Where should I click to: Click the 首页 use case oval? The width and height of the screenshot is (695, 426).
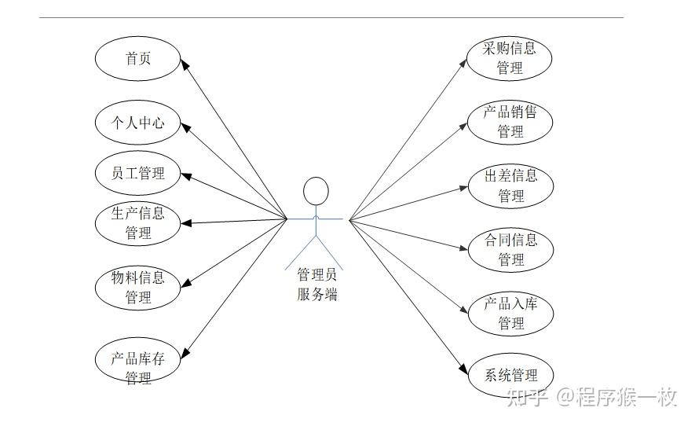tap(138, 59)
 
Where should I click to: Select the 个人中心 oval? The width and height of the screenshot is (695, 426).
tap(138, 122)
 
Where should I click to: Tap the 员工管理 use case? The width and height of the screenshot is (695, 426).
tap(138, 174)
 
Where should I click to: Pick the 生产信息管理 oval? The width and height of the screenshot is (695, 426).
tap(138, 223)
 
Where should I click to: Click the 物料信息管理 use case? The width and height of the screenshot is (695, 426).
tap(138, 287)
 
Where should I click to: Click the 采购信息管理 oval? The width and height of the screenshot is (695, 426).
tap(510, 58)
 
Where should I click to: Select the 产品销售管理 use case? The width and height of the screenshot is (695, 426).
tap(510, 122)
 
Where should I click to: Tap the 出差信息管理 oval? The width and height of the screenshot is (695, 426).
tap(510, 185)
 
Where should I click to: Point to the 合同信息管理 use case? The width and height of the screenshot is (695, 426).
tap(510, 249)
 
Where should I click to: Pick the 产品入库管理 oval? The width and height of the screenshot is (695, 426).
tap(510, 313)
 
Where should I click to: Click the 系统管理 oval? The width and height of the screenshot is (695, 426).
tap(510, 375)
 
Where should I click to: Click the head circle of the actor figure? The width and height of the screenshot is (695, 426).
tap(315, 192)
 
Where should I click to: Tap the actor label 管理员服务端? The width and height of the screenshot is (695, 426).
tap(317, 285)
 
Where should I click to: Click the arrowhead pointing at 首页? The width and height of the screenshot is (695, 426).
tap(185, 64)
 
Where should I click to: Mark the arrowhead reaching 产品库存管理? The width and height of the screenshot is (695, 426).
tap(185, 353)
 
